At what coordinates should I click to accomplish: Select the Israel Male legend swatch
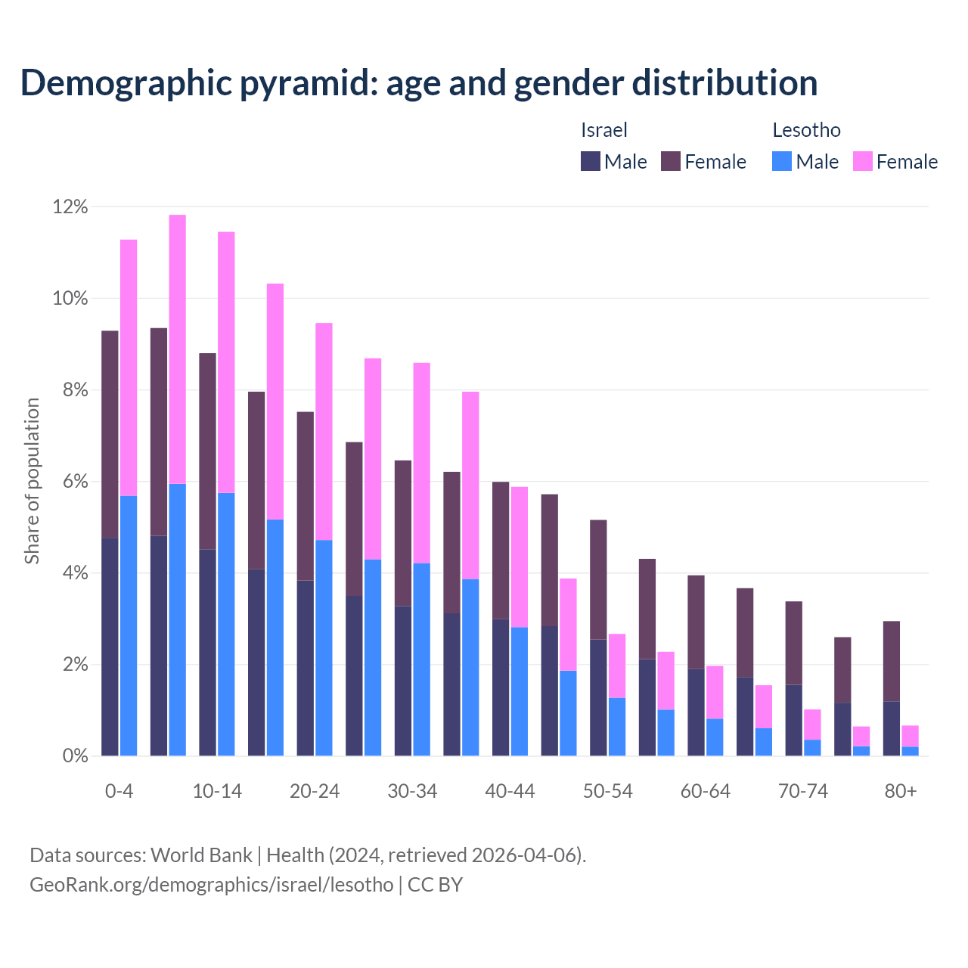590,161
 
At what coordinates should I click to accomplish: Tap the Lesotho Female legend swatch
862,161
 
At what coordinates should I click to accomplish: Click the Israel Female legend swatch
671,161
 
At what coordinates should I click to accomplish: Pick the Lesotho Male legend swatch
782,161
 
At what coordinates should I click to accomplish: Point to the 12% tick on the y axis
70,206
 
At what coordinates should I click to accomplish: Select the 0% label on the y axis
75,755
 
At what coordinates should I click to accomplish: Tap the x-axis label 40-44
510,791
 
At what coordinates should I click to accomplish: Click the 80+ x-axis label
901,791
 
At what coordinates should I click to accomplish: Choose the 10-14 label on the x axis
217,791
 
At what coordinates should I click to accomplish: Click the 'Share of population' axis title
32,481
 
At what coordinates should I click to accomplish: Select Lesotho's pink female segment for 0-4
129,368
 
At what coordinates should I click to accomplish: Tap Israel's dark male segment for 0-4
110,647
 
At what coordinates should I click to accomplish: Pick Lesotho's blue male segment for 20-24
324,647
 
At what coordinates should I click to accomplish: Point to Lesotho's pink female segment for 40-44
520,557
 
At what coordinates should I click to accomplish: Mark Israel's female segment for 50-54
598,579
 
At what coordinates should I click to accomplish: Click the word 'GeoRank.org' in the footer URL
85,884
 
